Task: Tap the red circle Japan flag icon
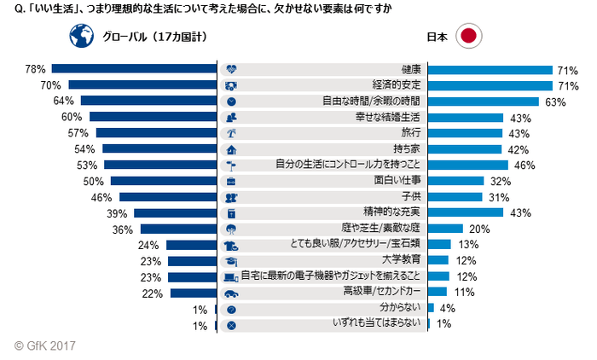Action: [468, 38]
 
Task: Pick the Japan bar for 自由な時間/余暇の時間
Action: [483, 101]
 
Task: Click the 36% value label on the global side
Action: [123, 229]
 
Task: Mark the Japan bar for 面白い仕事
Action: [455, 181]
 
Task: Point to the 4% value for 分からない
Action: [445, 308]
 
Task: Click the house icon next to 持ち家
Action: [231, 149]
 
